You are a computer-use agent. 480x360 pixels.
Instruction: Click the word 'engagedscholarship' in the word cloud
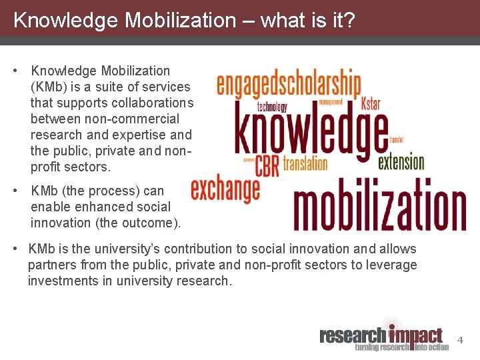click(x=288, y=86)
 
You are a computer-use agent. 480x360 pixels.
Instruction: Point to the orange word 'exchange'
click(x=225, y=189)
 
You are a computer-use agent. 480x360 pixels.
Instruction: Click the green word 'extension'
click(x=401, y=162)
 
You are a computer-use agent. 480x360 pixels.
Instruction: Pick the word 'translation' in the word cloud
click(x=305, y=163)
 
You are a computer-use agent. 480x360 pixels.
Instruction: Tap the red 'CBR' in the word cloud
click(x=267, y=165)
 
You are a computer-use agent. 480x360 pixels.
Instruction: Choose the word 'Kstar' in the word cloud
click(x=371, y=104)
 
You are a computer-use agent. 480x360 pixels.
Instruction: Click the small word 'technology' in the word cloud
click(x=272, y=107)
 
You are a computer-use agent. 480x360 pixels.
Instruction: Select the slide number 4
click(x=459, y=340)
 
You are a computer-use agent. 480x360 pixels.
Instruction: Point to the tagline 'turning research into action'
click(x=401, y=347)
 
